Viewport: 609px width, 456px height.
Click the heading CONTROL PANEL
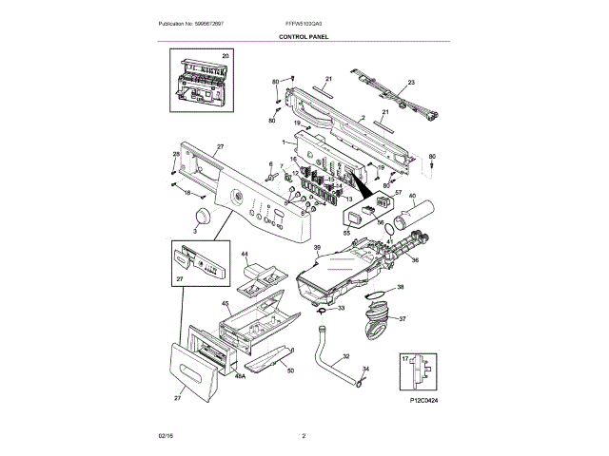pos(304,36)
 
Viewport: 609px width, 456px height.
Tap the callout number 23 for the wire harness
pos(411,84)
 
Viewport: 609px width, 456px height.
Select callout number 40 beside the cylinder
pos(412,197)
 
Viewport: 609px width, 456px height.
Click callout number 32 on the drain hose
pos(345,357)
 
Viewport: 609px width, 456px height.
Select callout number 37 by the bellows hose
pos(402,319)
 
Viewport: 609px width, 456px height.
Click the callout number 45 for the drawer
pos(226,304)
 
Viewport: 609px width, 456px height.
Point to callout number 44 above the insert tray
pos(244,256)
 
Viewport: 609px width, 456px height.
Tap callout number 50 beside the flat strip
pos(290,370)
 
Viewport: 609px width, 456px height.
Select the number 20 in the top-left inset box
pos(226,57)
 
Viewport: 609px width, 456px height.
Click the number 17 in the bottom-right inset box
pos(406,358)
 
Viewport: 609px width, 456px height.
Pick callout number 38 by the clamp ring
pos(400,287)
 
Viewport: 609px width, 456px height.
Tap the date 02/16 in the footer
pos(166,435)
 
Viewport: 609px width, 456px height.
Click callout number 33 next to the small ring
pos(342,309)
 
